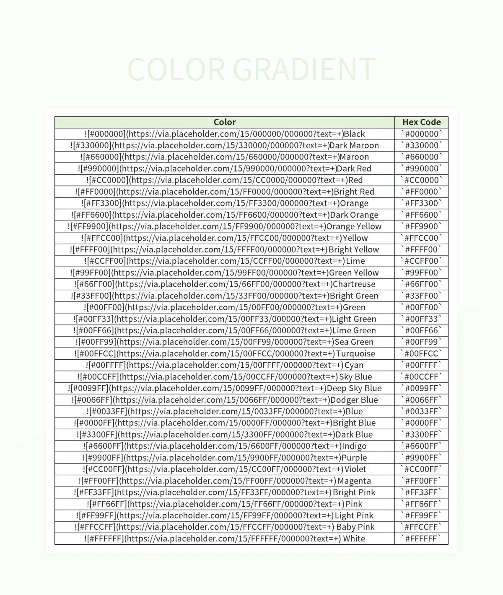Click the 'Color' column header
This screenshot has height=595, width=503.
tap(225, 122)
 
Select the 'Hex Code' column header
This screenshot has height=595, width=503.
tap(421, 122)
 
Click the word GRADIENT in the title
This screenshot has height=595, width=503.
tap(304, 70)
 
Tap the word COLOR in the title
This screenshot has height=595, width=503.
tap(176, 70)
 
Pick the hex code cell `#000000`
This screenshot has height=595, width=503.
tap(421, 134)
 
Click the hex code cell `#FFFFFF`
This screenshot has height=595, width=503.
tap(421, 538)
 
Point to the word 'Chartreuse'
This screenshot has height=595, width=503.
tap(354, 284)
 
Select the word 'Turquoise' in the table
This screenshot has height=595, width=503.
tap(355, 354)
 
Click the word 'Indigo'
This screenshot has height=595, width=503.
tap(354, 446)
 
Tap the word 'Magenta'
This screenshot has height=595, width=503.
tap(354, 481)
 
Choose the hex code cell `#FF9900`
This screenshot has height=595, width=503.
tap(421, 227)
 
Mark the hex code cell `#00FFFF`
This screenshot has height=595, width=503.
tap(421, 365)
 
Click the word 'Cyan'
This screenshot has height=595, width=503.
tap(354, 365)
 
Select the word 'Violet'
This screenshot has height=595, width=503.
tap(355, 469)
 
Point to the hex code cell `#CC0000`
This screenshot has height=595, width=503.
tap(421, 180)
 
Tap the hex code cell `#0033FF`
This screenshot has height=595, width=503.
tap(421, 412)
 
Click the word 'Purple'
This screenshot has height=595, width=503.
tap(354, 458)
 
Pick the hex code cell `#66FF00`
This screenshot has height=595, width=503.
tap(421, 284)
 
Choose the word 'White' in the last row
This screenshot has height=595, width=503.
tap(354, 539)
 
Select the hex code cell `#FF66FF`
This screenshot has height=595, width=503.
tap(421, 504)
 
